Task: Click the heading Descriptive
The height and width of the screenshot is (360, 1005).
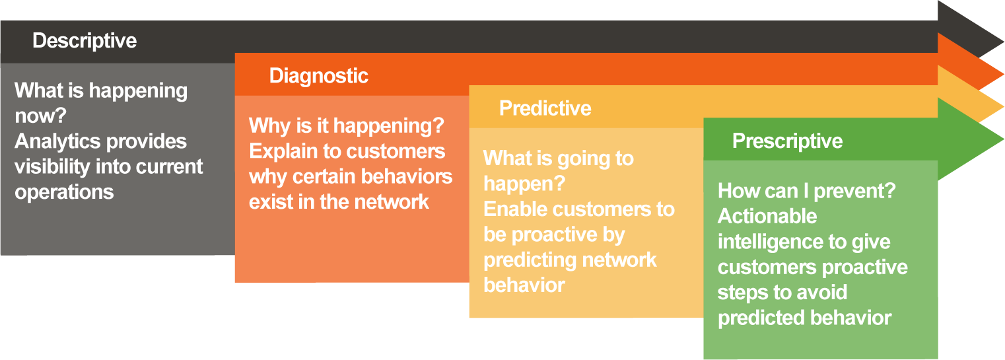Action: coord(85,41)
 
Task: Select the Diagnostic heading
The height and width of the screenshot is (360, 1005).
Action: coord(318,76)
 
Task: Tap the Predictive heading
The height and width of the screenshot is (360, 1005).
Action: coord(545,108)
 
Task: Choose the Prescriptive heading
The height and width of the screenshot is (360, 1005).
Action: coord(787,141)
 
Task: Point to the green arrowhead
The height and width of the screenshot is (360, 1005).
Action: coord(969,139)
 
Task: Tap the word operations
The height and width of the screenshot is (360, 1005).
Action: coord(64,193)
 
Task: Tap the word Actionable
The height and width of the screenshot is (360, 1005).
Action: coord(767,217)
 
